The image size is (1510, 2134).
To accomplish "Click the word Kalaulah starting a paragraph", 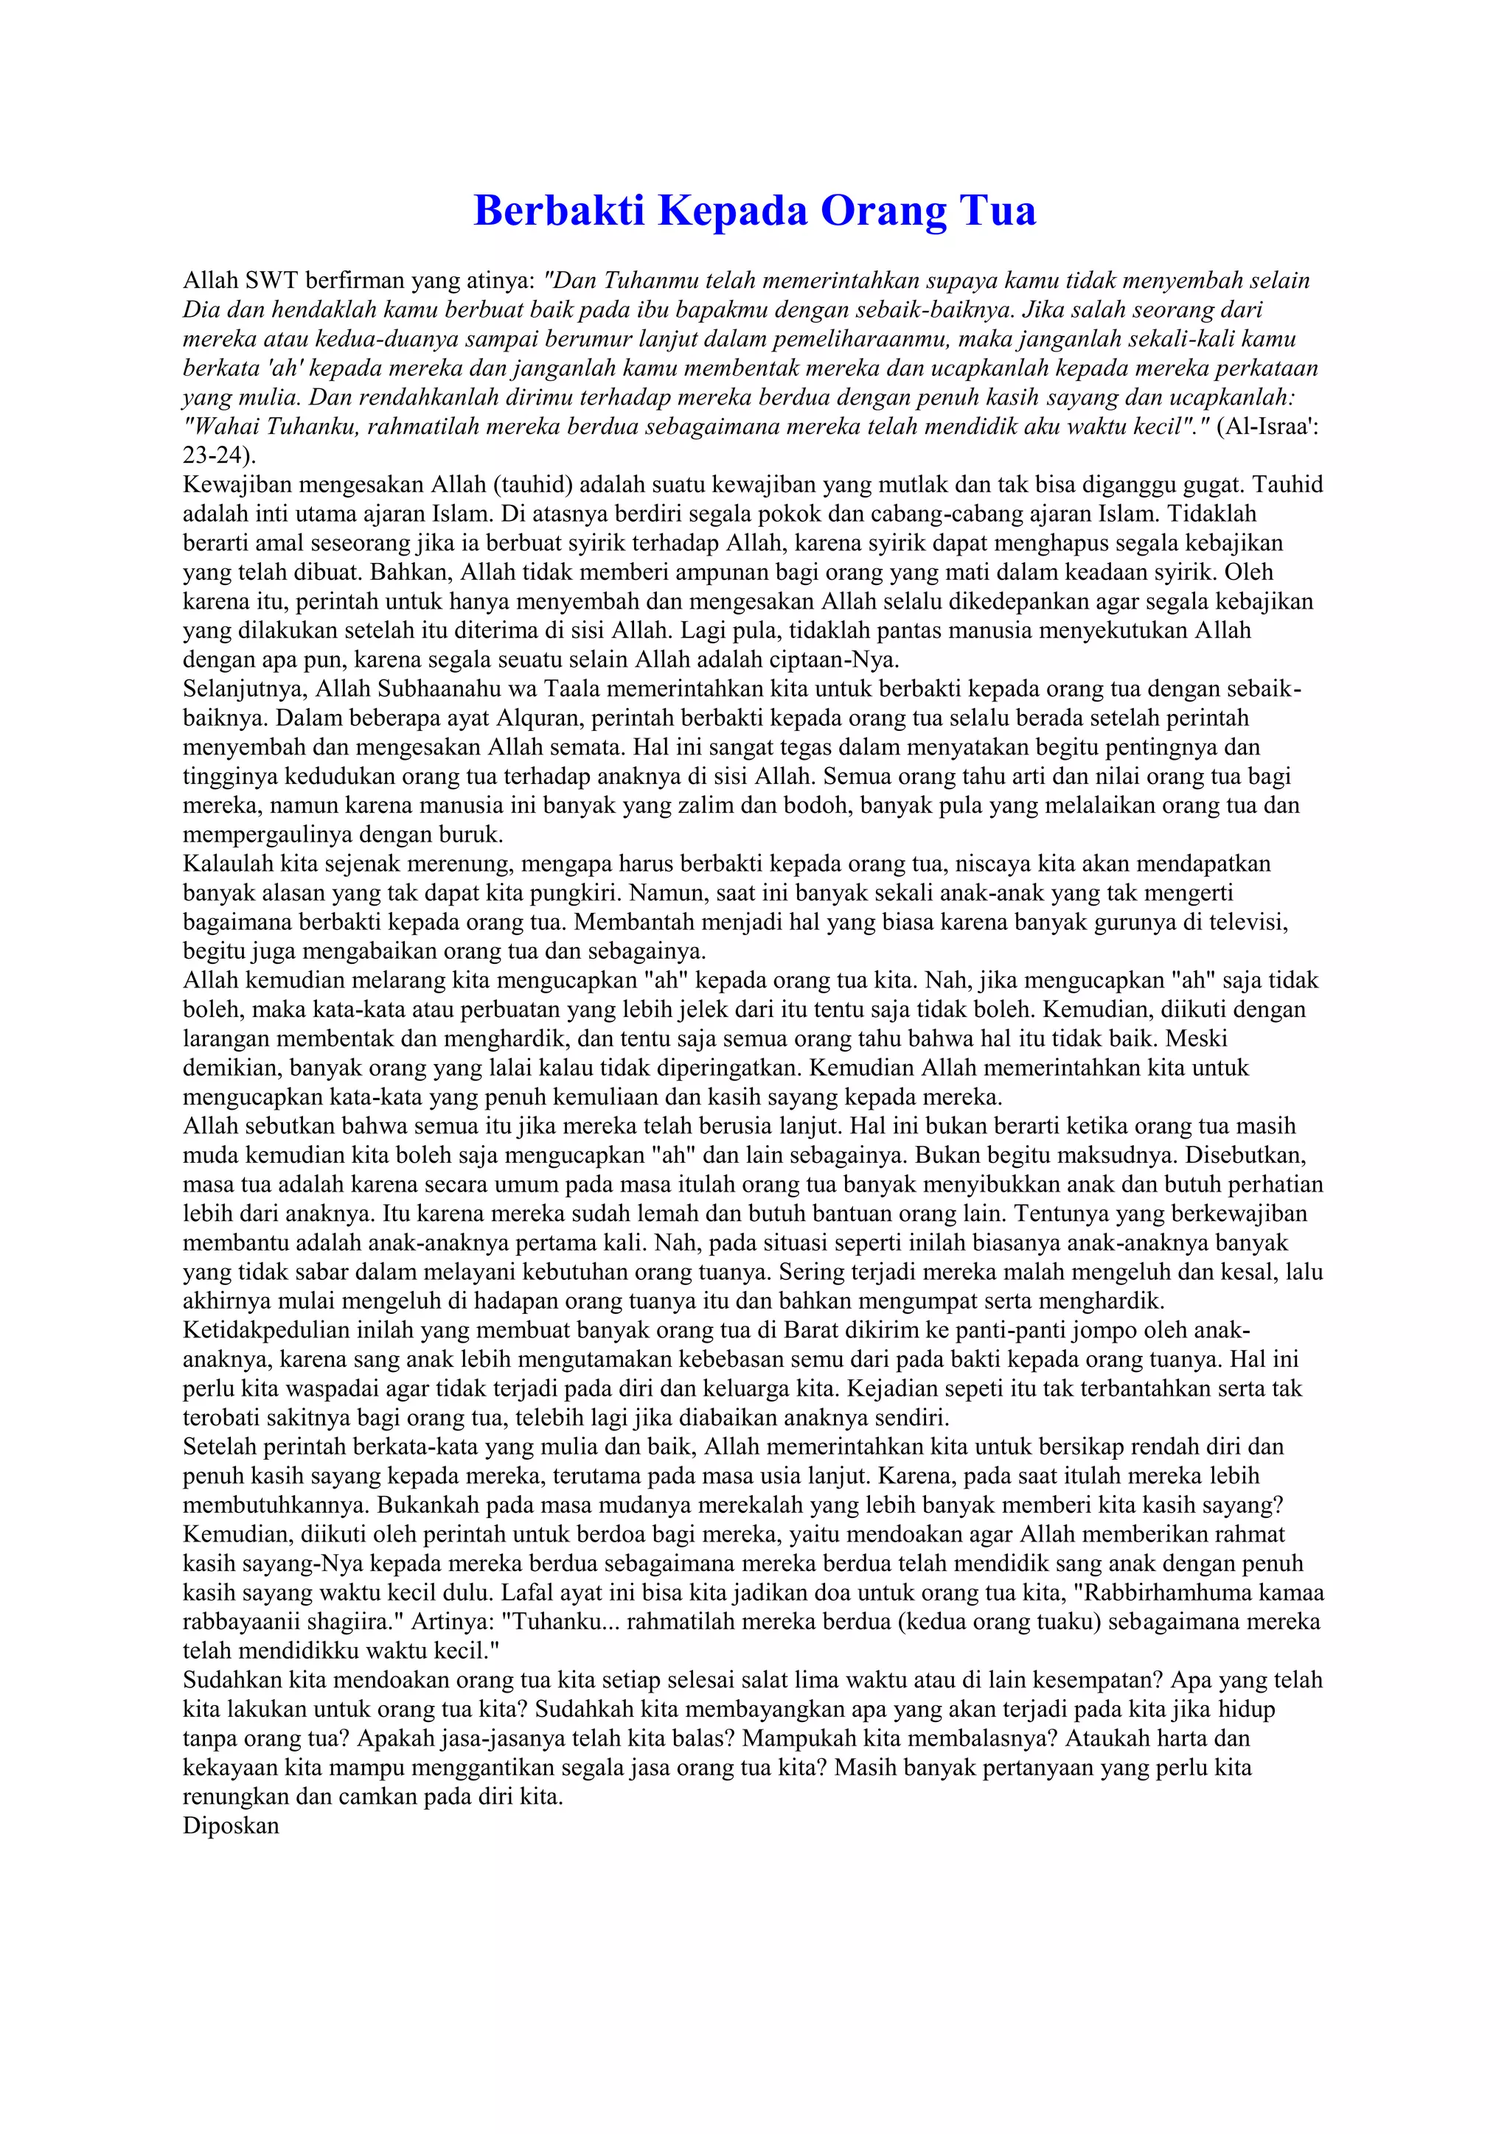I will coord(228,864).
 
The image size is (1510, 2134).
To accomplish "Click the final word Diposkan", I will coord(232,1825).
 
